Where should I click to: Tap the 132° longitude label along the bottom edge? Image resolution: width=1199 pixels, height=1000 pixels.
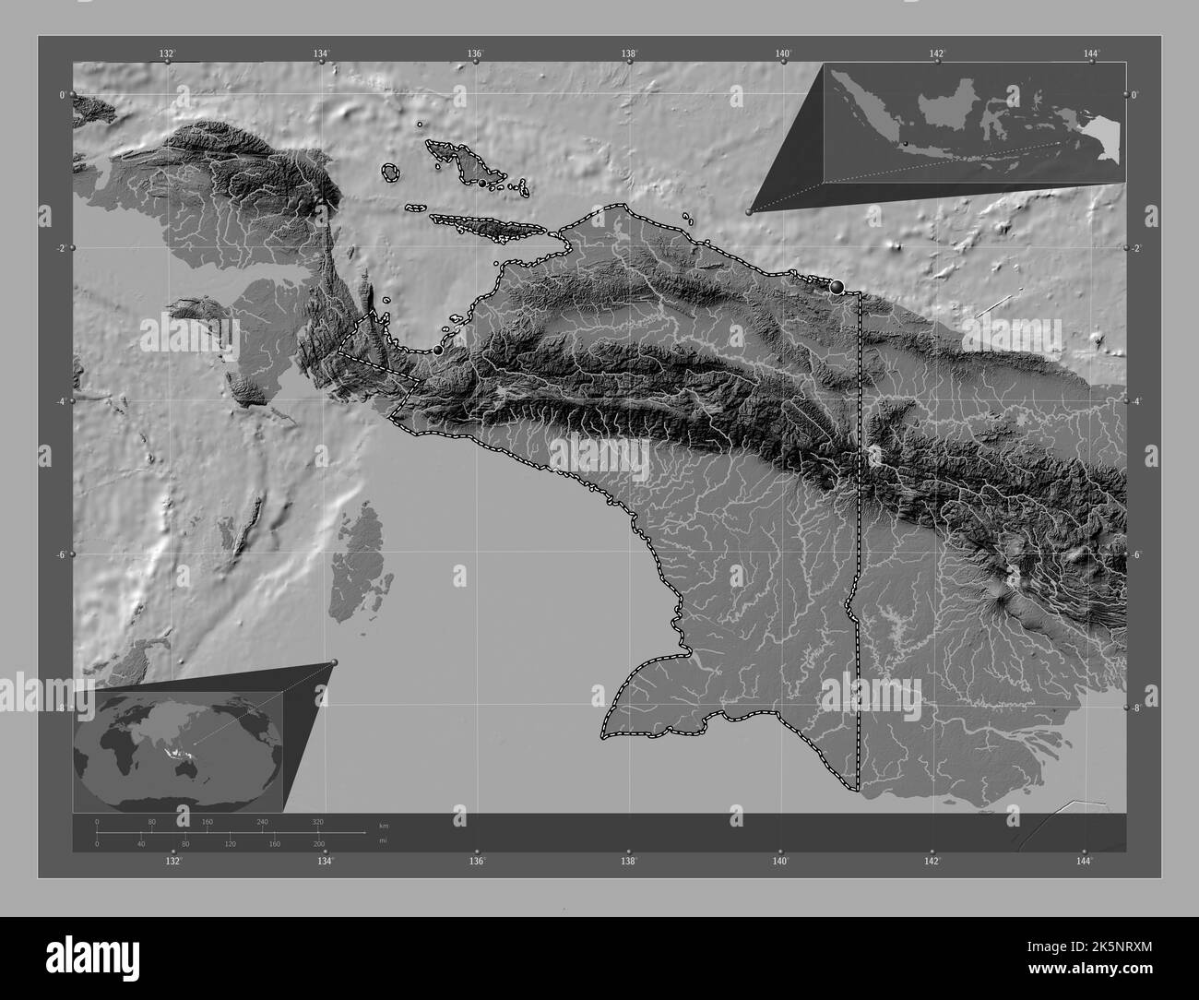[173, 862]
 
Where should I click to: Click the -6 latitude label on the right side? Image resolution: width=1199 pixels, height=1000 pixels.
[1135, 554]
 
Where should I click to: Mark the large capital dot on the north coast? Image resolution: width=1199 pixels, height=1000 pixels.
[837, 287]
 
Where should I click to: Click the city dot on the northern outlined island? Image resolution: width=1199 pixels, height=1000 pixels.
[481, 184]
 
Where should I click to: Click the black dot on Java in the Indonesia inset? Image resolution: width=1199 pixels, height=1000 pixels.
[906, 143]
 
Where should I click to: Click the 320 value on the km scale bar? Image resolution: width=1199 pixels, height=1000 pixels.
[317, 821]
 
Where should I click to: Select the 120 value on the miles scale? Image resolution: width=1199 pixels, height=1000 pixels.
[230, 844]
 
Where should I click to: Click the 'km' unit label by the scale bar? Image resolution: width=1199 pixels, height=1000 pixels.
[384, 825]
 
